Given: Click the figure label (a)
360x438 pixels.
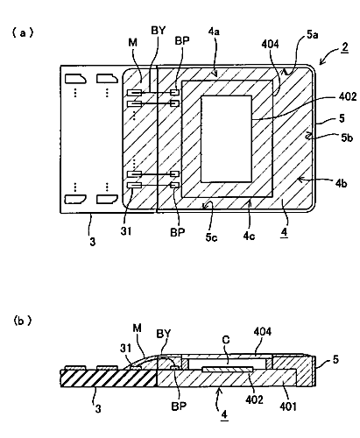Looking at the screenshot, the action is (x=23, y=32).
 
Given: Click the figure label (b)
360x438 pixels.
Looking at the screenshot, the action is (x=23, y=321).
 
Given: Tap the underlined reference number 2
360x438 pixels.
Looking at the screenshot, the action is (x=345, y=46).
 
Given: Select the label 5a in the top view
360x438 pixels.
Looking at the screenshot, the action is (x=312, y=35).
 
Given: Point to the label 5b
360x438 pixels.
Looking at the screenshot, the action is (x=347, y=138).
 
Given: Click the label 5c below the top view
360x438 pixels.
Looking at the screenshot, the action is (x=211, y=237).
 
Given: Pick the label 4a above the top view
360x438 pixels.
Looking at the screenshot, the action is (x=214, y=32).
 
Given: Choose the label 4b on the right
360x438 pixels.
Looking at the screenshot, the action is (x=341, y=183).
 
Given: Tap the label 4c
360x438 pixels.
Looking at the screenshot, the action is (x=249, y=236).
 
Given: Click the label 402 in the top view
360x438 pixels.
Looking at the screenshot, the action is (x=348, y=96).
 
